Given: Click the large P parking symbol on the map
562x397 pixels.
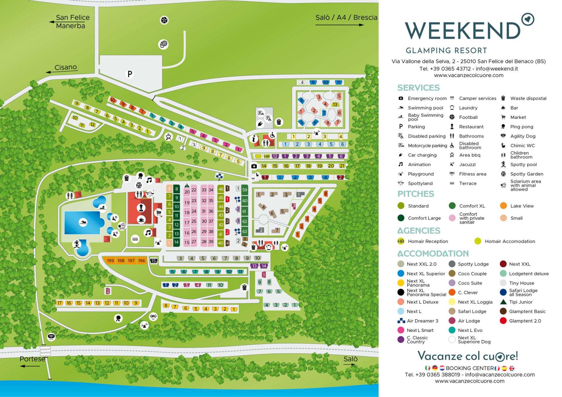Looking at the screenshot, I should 130,74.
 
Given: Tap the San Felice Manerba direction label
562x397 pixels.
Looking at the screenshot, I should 72,22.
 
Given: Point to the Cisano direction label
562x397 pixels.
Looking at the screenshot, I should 66,67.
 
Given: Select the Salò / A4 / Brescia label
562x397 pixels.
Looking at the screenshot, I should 346,18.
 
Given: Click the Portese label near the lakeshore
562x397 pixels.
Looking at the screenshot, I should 32,359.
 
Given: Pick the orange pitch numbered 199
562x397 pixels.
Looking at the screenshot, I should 110,261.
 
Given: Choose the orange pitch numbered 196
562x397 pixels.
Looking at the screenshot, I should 142,261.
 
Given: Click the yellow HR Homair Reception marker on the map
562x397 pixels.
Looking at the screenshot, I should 267,157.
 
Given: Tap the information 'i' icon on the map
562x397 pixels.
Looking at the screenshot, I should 254,139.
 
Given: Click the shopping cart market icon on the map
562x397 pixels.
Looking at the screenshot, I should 159,213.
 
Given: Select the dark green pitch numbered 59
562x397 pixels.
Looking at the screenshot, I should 245,190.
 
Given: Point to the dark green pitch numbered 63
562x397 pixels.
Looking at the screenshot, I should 245,231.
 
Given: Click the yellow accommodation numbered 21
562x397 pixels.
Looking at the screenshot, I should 342,166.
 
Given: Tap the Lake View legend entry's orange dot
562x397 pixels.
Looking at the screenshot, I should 503,206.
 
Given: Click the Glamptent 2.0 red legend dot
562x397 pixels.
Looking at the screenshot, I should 503,321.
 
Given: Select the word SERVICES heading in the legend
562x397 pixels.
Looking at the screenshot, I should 418,88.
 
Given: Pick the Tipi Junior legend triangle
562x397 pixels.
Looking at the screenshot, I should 503,302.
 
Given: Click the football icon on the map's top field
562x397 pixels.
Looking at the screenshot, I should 164,20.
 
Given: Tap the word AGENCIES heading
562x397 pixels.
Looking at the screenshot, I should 419,231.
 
